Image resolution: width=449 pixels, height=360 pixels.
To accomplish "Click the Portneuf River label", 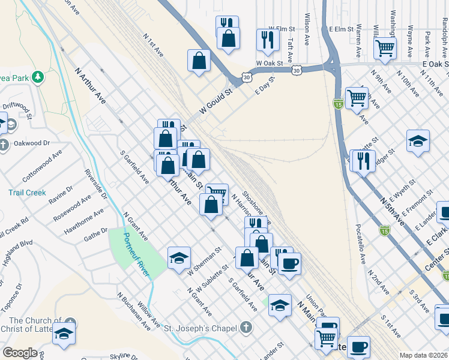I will click(x=137, y=254).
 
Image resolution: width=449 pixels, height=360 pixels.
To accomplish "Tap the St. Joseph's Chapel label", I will click(x=203, y=328).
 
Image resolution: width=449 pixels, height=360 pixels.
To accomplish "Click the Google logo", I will click(x=20, y=353).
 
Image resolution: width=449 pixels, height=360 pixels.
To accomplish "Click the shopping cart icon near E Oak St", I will click(x=385, y=47).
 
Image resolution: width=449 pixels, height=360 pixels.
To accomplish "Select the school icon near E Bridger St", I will click(x=418, y=141).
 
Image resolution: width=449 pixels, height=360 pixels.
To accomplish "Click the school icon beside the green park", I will click(x=179, y=257).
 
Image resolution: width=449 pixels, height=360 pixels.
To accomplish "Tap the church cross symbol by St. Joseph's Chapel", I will click(x=244, y=328).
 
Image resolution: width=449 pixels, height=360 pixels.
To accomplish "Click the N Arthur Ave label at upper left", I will click(x=91, y=85).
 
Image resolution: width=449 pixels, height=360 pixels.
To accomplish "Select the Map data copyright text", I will click(x=423, y=355).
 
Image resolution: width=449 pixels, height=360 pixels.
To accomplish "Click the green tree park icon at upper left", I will click(x=37, y=77).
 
